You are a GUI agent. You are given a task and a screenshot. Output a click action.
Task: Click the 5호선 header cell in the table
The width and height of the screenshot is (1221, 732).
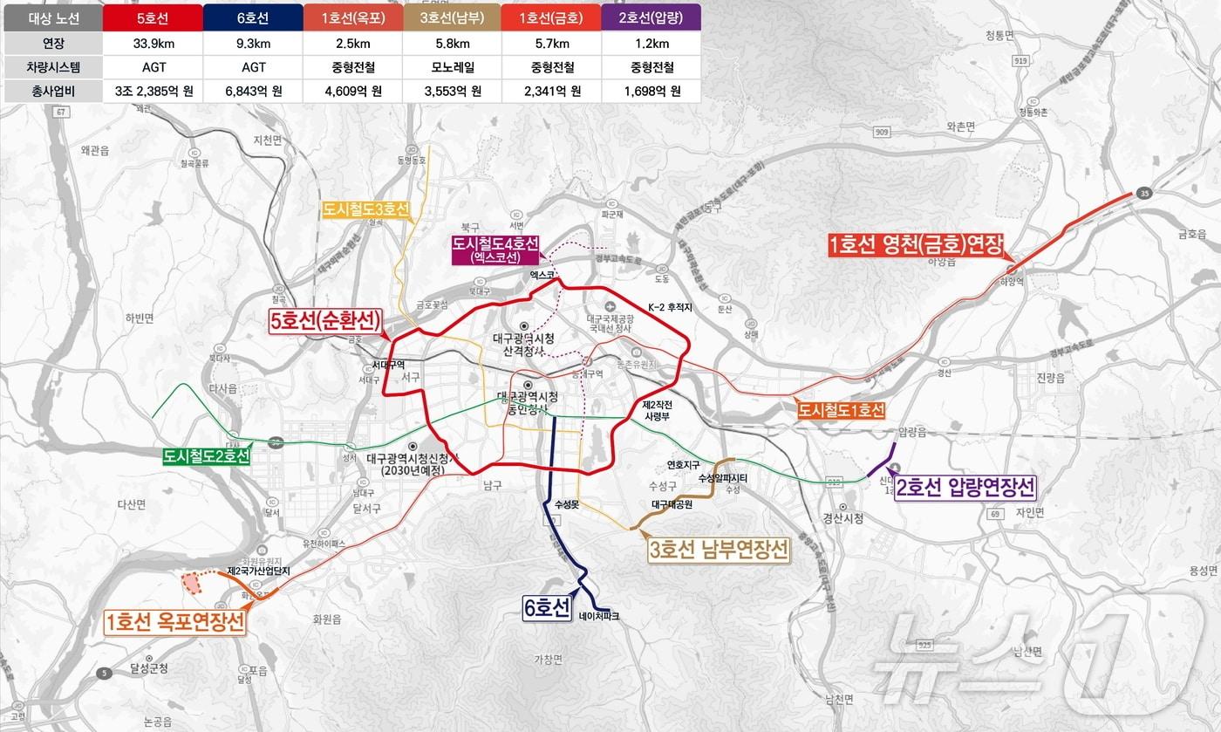pos(152,17)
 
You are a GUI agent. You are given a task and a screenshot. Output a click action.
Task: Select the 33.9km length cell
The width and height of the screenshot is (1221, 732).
pos(152,42)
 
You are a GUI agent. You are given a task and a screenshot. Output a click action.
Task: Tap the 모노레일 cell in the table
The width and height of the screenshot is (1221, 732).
pos(452,66)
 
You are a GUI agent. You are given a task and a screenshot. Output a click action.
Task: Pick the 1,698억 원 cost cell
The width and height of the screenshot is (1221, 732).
pos(651,91)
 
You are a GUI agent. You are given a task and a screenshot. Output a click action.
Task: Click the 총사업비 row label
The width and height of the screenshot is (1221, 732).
pos(52,91)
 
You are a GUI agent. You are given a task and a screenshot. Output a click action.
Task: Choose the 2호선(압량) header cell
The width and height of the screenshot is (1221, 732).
pos(651,17)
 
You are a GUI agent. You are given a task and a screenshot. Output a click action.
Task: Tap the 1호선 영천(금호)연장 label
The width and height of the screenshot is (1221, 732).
pos(916,246)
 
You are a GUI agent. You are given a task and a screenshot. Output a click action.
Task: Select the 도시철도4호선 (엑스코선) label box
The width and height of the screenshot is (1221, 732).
pos(495,250)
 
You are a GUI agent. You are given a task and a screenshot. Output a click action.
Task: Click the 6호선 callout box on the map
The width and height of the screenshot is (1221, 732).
pos(547,607)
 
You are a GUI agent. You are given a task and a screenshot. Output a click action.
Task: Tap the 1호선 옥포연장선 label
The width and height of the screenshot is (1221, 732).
pos(175,622)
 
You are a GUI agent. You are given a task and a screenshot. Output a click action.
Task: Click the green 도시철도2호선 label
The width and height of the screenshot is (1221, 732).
pos(207,456)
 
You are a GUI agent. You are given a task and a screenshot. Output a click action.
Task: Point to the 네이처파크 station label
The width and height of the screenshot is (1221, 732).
pos(598,616)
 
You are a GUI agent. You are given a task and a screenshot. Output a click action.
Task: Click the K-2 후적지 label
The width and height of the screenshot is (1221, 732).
pos(669,307)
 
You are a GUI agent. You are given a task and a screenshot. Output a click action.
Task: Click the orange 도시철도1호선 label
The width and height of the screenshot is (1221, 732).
pos(841,410)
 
